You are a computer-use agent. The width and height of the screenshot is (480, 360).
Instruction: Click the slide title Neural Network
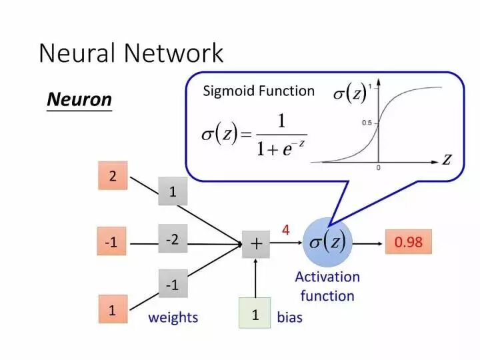pyautogui.click(x=131, y=53)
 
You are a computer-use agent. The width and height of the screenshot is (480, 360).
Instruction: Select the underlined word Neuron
pyautogui.click(x=79, y=100)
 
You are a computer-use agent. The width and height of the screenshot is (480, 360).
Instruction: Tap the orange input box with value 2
pyautogui.click(x=113, y=176)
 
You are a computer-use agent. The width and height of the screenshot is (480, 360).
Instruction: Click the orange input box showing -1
pyautogui.click(x=111, y=241)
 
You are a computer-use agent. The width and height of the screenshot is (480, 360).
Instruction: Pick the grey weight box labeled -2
pyautogui.click(x=173, y=239)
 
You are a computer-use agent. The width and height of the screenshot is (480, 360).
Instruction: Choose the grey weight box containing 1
pyautogui.click(x=173, y=191)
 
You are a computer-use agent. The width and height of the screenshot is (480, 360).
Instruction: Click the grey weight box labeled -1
pyautogui.click(x=173, y=284)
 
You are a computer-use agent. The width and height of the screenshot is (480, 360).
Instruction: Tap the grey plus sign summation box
pyautogui.click(x=256, y=244)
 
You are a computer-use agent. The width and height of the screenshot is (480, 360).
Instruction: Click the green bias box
pyautogui.click(x=255, y=313)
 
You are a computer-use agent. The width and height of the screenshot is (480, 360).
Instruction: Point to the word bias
pyautogui.click(x=289, y=317)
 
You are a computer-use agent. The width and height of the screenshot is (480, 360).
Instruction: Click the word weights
pyautogui.click(x=173, y=318)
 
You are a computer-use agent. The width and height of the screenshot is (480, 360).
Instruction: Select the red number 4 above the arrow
pyautogui.click(x=285, y=230)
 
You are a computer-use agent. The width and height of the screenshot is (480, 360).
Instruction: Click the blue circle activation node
pyautogui.click(x=327, y=243)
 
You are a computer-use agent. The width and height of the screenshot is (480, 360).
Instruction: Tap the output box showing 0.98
pyautogui.click(x=409, y=242)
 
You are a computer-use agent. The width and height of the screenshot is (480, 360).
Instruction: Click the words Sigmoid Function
pyautogui.click(x=259, y=91)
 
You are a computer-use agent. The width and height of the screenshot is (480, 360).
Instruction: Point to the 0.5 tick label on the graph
pyautogui.click(x=367, y=123)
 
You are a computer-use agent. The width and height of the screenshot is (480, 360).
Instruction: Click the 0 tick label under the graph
pyautogui.click(x=379, y=168)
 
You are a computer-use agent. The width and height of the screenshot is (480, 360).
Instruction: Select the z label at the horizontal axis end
pyautogui.click(x=447, y=159)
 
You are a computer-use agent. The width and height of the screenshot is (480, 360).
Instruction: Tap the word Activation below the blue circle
pyautogui.click(x=327, y=277)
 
